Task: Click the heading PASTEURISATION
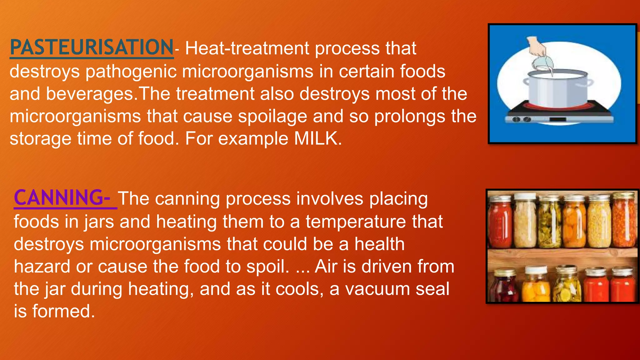pyautogui.click(x=92, y=47)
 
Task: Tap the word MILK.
pyautogui.click(x=316, y=138)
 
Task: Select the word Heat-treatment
pyautogui.click(x=247, y=48)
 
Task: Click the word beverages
pyautogui.click(x=90, y=94)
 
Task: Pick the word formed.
pyautogui.click(x=63, y=311)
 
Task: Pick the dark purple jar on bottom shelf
pyautogui.click(x=503, y=287)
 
